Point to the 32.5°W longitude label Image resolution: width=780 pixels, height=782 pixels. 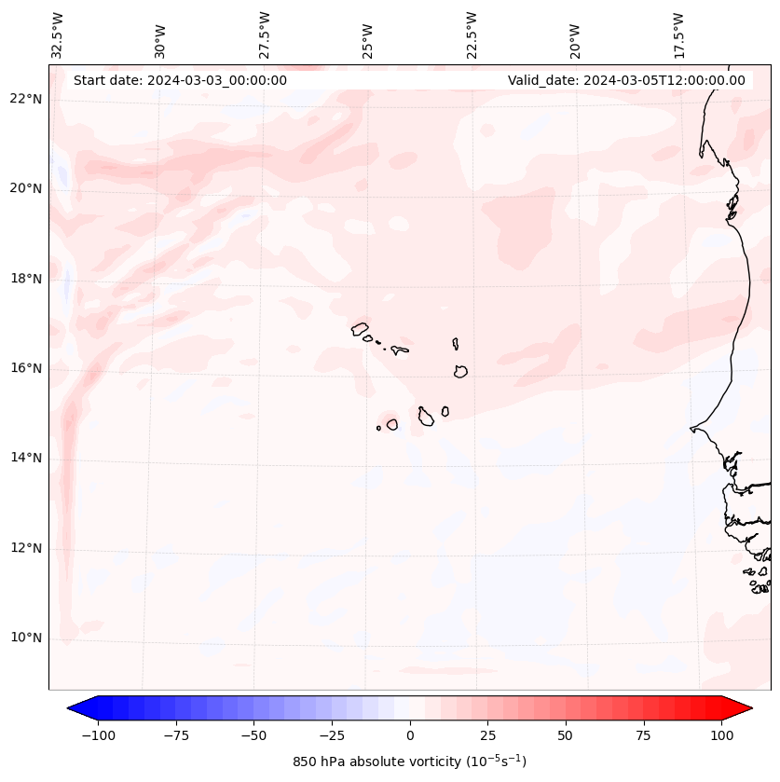(x=58, y=35)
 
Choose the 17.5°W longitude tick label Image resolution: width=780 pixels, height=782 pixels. (x=678, y=35)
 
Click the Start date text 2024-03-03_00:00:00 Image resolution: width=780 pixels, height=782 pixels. (x=180, y=80)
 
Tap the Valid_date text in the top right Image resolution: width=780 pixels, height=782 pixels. (x=626, y=80)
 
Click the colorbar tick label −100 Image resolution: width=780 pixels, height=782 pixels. (x=98, y=735)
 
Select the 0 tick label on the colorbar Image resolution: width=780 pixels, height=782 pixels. (x=409, y=735)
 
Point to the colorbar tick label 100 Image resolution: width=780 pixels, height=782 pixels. (x=720, y=735)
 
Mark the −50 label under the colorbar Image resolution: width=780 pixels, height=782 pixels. (x=253, y=735)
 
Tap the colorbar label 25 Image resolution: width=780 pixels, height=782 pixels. (x=487, y=735)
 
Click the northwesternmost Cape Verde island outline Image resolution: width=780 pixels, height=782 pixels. (x=360, y=328)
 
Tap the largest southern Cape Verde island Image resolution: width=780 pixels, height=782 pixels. (x=426, y=417)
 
